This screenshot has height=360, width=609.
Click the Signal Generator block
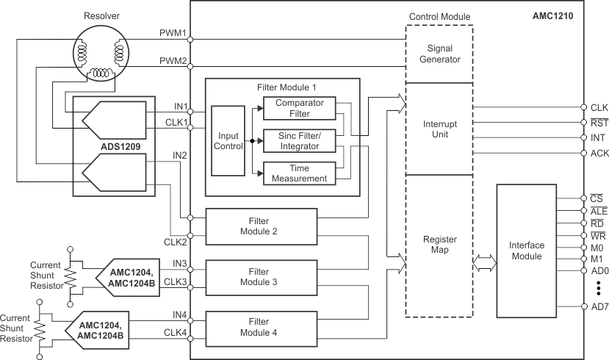(x=439, y=54)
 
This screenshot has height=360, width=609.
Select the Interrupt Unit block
(x=439, y=129)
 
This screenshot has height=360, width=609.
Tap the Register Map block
(x=439, y=245)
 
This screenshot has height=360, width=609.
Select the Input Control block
(x=227, y=141)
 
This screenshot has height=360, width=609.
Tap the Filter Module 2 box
(x=262, y=226)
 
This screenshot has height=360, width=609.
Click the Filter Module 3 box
(x=262, y=276)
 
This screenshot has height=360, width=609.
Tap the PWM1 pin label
(x=173, y=33)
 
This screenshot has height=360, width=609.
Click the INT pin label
(x=597, y=137)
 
